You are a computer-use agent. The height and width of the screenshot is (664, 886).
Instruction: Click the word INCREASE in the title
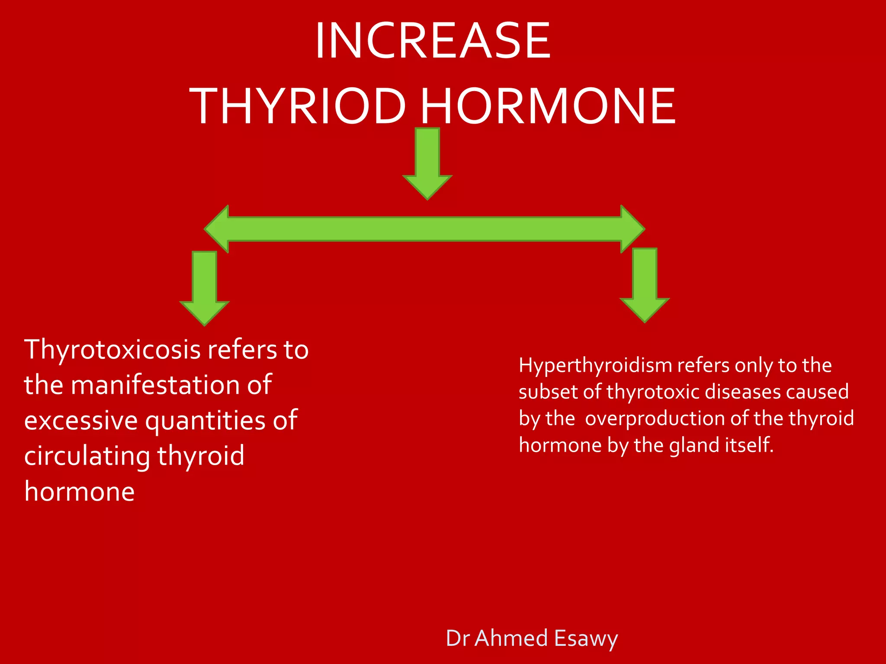(x=433, y=41)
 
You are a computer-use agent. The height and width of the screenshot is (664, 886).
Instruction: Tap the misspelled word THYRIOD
(x=298, y=106)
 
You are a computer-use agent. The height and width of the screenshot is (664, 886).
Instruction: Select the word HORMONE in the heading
(x=548, y=106)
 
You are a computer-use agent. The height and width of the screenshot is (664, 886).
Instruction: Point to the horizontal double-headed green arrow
(x=424, y=229)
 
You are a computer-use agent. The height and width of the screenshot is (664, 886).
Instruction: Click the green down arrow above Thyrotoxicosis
(x=204, y=287)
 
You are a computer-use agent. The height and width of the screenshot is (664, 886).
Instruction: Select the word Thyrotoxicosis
(x=112, y=350)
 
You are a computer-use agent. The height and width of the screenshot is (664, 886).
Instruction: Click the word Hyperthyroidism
(x=595, y=365)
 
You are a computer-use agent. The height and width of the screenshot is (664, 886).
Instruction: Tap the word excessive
(x=81, y=421)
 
